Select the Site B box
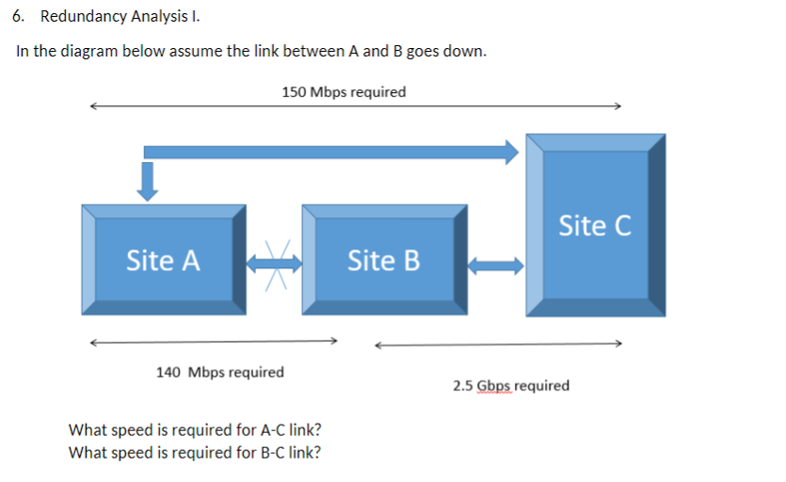coord(384,260)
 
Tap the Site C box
coord(595,226)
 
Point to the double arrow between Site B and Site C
coord(496,265)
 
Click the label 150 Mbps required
coord(344,92)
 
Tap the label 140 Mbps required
coord(219,372)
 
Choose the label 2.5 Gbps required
coord(510,386)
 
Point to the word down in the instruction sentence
coord(464,51)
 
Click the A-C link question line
coord(195,430)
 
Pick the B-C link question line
coord(195,452)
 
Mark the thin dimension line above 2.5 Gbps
coord(499,344)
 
